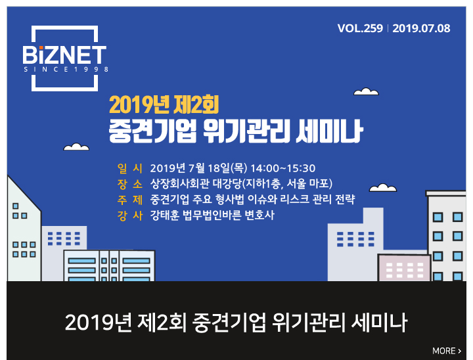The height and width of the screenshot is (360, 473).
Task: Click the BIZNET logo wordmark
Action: click(64, 55)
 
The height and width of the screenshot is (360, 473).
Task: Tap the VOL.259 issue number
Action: click(360, 28)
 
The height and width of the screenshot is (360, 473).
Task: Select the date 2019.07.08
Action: click(421, 28)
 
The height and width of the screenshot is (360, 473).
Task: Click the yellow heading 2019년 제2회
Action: click(164, 104)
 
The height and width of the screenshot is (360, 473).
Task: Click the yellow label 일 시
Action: click(129, 168)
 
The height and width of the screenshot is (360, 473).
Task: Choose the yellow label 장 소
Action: click(129, 184)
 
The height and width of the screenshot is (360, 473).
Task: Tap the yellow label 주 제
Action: click(129, 200)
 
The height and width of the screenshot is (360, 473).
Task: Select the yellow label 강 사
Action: click(129, 215)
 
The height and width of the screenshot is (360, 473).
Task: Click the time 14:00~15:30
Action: click(283, 168)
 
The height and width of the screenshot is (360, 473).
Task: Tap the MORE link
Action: click(447, 351)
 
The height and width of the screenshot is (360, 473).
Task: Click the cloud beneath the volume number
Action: click(366, 91)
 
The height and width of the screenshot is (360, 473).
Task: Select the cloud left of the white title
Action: click(76, 146)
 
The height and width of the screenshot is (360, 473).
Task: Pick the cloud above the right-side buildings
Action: click(383, 188)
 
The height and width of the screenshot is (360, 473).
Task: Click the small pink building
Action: click(404, 267)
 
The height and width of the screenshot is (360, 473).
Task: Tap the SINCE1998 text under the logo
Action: click(66, 70)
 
